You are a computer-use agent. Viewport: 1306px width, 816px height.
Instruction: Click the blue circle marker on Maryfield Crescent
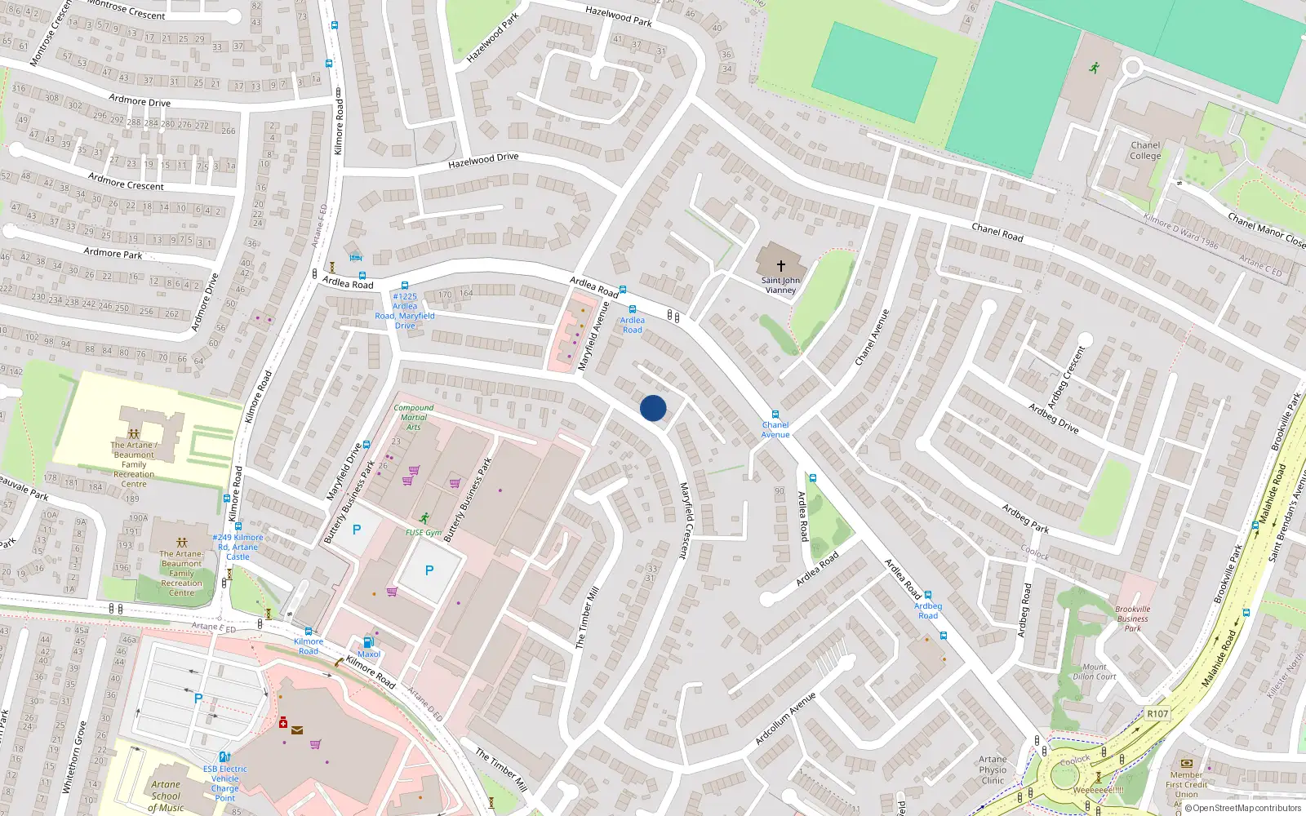pos(653,408)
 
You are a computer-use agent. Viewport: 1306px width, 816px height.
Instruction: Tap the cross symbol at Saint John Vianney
pos(780,265)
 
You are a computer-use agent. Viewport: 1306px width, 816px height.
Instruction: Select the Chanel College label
pos(1145,151)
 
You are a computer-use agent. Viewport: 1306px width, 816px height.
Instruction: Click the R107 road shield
pos(1157,713)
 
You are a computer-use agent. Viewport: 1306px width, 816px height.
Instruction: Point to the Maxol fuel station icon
pos(368,642)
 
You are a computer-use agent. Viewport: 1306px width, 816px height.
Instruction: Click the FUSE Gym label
pos(424,533)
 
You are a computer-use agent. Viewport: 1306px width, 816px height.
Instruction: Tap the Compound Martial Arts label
pos(414,417)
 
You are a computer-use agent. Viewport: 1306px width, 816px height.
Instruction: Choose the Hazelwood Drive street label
pos(483,161)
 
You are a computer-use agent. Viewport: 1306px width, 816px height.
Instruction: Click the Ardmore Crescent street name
pos(126,181)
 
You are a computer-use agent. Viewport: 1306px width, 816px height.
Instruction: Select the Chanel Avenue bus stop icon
pos(775,415)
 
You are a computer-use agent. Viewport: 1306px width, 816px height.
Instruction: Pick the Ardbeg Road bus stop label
pos(928,610)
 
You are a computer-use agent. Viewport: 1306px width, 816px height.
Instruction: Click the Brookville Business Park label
pos(1132,619)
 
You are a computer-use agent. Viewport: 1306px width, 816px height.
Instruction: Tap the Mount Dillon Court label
pos(1095,672)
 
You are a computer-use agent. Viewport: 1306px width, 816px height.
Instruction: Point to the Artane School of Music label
pos(166,796)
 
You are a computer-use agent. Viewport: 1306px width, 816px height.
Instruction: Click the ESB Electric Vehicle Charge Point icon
pos(224,757)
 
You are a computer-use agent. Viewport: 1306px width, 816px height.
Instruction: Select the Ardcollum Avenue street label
pos(784,719)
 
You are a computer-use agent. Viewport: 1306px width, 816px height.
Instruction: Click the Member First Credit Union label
pos(1186,784)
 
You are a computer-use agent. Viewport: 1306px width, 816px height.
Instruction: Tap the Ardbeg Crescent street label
pos(1067,377)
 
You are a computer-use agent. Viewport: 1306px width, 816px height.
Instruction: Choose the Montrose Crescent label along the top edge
pos(125,9)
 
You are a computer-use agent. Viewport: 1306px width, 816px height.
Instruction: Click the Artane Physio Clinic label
pos(993,769)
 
